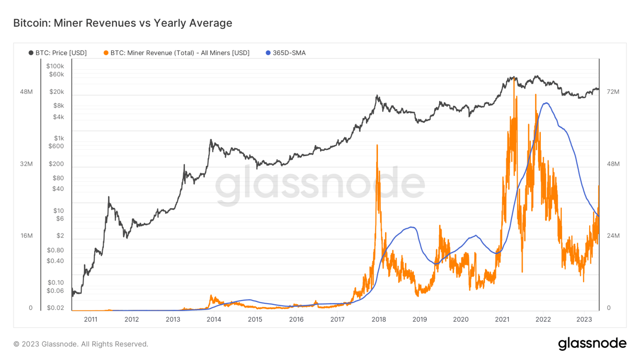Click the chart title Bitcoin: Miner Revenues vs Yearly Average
click(x=122, y=23)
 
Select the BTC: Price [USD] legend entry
click(x=58, y=53)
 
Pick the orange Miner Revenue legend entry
click(x=177, y=53)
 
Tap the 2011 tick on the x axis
click(x=90, y=319)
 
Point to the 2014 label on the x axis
click(x=214, y=319)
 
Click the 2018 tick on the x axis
click(x=378, y=319)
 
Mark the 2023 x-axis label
click(x=584, y=319)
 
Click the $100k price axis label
click(x=55, y=66)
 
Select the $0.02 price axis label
click(x=55, y=308)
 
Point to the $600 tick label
click(x=56, y=146)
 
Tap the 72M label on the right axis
click(x=613, y=92)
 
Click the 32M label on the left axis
click(x=26, y=164)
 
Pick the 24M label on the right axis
click(x=613, y=236)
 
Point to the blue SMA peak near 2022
click(x=545, y=103)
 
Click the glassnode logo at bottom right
click(x=592, y=344)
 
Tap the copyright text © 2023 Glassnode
click(x=81, y=344)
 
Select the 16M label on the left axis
click(x=27, y=236)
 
